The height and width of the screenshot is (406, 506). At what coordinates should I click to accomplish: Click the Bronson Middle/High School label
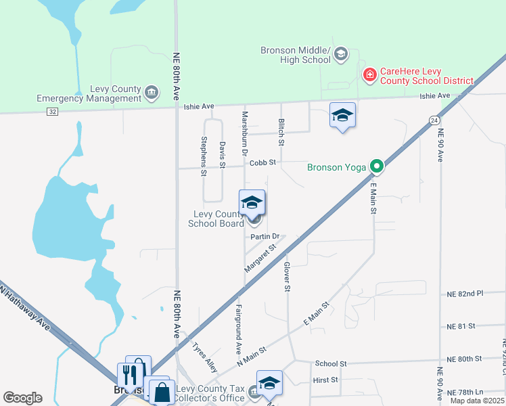pyautogui.click(x=296, y=55)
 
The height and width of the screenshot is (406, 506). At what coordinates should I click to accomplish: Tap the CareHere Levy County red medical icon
pyautogui.click(x=370, y=74)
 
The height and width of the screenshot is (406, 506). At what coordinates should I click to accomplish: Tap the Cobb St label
pyautogui.click(x=263, y=163)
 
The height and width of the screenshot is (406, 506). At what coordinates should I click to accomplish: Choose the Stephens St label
pyautogui.click(x=204, y=156)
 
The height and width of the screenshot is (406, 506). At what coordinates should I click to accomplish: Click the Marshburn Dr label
pyautogui.click(x=245, y=131)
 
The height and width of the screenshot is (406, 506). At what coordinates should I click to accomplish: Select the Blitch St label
pyautogui.click(x=281, y=132)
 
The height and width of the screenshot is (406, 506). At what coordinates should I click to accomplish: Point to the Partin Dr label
pyautogui.click(x=264, y=237)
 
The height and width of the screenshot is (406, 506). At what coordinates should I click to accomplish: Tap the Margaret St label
pyautogui.click(x=260, y=258)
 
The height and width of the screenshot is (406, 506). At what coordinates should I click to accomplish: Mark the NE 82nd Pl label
pyautogui.click(x=465, y=294)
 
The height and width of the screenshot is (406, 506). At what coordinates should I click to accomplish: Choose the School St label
pyautogui.click(x=330, y=363)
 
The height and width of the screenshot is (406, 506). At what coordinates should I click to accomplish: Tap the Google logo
pyautogui.click(x=22, y=398)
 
